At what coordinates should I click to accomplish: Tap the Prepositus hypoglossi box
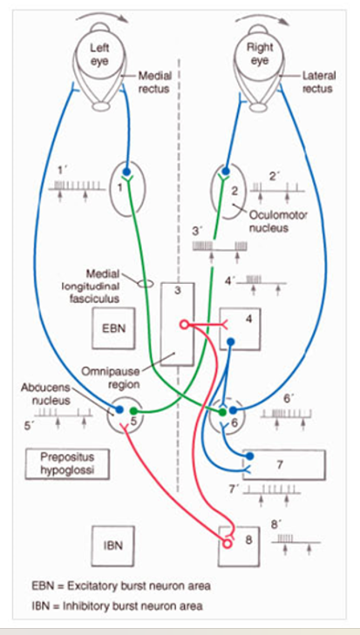67,463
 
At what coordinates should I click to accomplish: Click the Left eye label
101,56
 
